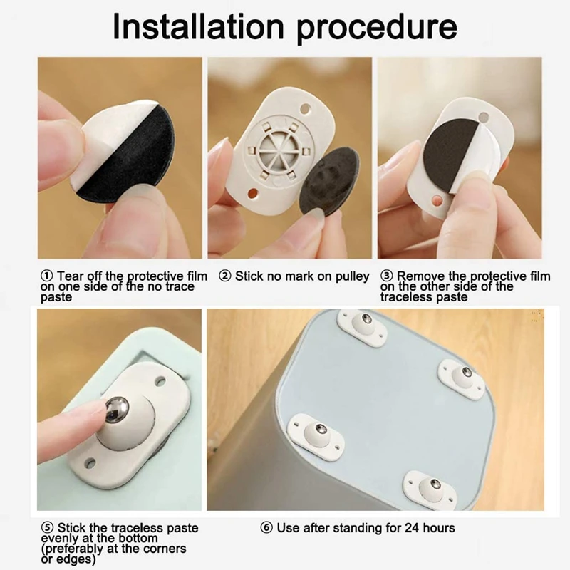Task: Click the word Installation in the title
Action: [x=199, y=26]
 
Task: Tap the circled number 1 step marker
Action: [x=47, y=276]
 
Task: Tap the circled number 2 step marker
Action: [x=225, y=276]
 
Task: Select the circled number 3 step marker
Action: [x=387, y=276]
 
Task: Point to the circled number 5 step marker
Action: [x=47, y=527]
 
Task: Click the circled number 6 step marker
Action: [x=266, y=527]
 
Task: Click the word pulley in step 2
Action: [x=352, y=276]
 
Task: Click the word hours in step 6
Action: [x=439, y=527]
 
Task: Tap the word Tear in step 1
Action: [x=71, y=276]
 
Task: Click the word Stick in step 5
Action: [x=71, y=527]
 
